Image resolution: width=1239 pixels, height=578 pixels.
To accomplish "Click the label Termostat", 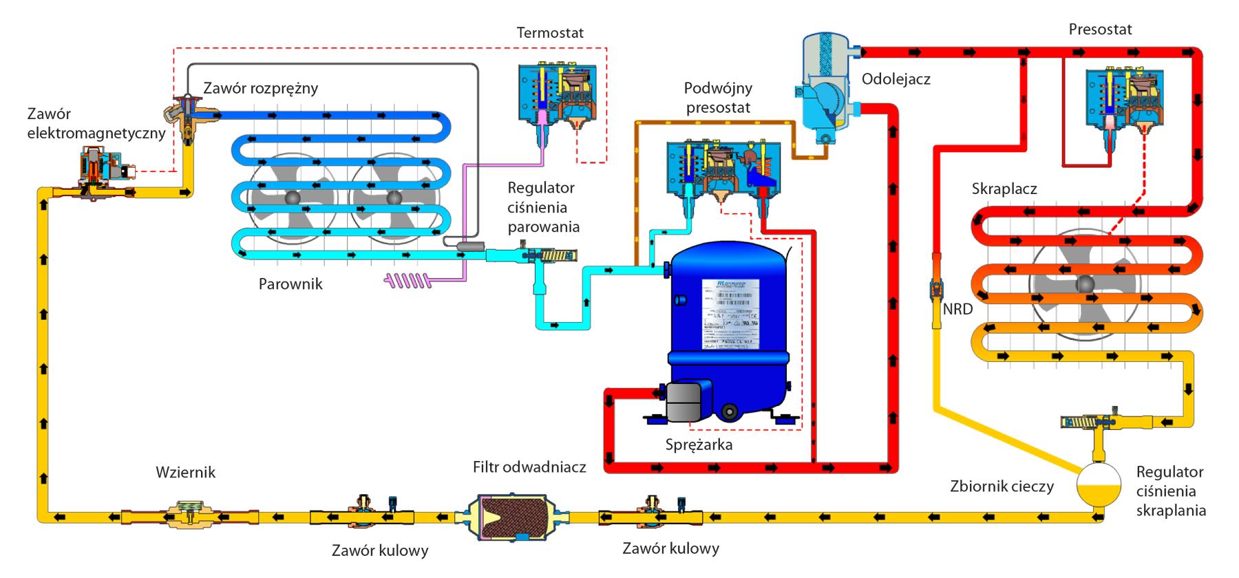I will (550, 32).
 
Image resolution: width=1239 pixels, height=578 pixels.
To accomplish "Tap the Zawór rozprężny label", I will (260, 88).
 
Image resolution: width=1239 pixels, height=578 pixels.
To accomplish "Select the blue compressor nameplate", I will (730, 314).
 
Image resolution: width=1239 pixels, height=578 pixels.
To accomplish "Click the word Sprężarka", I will (699, 445).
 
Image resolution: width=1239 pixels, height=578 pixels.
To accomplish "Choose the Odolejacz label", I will (896, 79).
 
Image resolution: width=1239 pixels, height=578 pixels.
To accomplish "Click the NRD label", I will (957, 309).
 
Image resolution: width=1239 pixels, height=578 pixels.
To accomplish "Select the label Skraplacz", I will (1004, 189).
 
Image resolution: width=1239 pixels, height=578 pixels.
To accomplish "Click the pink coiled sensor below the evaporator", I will (408, 279).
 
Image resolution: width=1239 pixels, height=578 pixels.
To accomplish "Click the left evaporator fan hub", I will (293, 197).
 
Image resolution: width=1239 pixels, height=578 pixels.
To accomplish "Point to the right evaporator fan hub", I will (393, 197).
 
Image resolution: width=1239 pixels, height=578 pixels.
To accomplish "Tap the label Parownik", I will (290, 283).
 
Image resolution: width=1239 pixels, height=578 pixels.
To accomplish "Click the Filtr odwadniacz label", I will (529, 467).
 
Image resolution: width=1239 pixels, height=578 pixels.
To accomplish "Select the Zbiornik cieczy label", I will (1002, 486).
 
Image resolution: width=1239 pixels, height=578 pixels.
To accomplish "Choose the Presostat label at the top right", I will (1100, 30).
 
